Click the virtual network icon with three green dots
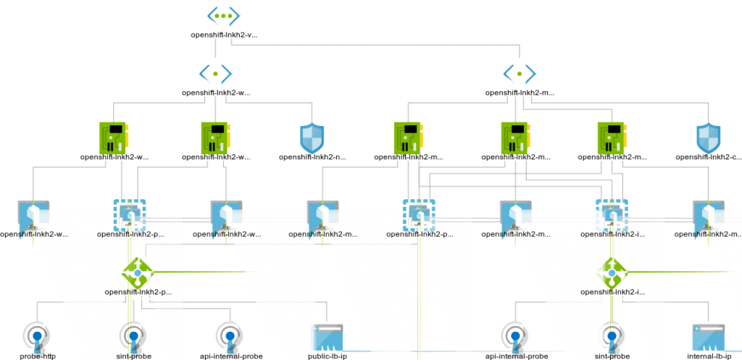(222, 14)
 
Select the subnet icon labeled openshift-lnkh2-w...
(215, 73)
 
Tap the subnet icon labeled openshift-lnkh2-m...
(520, 73)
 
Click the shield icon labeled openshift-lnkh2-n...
(312, 137)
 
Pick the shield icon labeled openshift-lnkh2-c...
(708, 137)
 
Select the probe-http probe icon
(36, 336)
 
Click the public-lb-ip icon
(328, 338)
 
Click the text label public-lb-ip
(328, 356)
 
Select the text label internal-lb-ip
(708, 356)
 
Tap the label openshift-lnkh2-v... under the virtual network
(223, 34)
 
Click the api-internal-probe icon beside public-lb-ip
(229, 336)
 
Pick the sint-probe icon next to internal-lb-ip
(613, 336)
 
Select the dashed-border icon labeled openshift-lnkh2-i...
(612, 214)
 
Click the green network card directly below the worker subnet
(113, 137)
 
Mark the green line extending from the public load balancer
(203, 272)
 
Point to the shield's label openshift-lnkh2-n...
(314, 156)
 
